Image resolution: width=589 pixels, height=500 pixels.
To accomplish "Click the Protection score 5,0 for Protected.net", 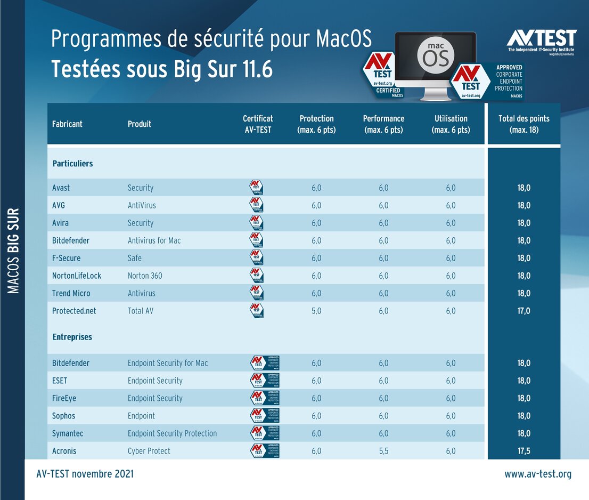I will (316, 311).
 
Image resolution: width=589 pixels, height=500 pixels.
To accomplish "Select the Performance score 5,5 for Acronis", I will (383, 451).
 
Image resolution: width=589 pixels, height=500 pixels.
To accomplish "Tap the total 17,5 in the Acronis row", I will (523, 451).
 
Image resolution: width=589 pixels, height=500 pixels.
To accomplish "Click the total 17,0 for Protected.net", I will (523, 311).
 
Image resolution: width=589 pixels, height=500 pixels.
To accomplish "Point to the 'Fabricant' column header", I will (67, 124).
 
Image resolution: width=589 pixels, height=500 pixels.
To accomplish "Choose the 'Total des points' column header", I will (523, 124).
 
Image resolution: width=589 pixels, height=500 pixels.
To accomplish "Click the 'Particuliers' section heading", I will (72, 164).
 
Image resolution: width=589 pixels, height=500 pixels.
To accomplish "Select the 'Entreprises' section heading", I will (72, 337).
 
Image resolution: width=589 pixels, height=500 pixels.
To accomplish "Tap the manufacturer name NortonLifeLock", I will (77, 276).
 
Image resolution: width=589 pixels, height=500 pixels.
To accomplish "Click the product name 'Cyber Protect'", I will (149, 451).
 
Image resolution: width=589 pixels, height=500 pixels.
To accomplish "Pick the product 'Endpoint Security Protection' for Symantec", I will (172, 433).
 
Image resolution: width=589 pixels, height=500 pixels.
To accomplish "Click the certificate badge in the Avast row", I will (257, 188).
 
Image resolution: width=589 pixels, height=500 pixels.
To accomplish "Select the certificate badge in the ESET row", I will (265, 381).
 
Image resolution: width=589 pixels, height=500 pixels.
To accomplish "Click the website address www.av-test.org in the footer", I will (538, 474).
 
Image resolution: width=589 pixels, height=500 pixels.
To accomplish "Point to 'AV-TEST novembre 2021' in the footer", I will (85, 474).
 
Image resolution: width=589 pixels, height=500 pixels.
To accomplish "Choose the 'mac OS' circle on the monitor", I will (436, 55).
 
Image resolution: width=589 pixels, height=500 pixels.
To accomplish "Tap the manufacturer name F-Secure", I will (67, 258).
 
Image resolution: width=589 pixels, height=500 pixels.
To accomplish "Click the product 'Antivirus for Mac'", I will (154, 240).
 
